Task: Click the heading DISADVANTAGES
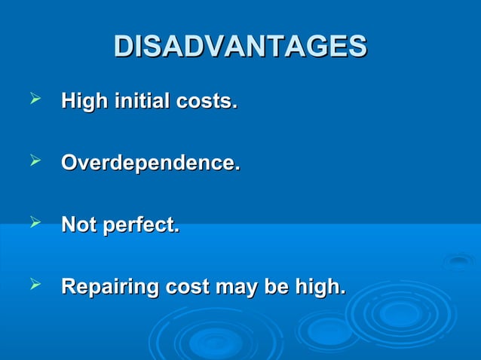[x=240, y=46]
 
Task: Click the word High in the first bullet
[x=84, y=100]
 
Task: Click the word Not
[x=78, y=224]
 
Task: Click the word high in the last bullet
[x=320, y=288]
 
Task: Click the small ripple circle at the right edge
[x=458, y=261]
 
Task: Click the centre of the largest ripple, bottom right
[x=400, y=313]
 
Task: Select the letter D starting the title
[x=123, y=46]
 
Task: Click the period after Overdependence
[x=237, y=167]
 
